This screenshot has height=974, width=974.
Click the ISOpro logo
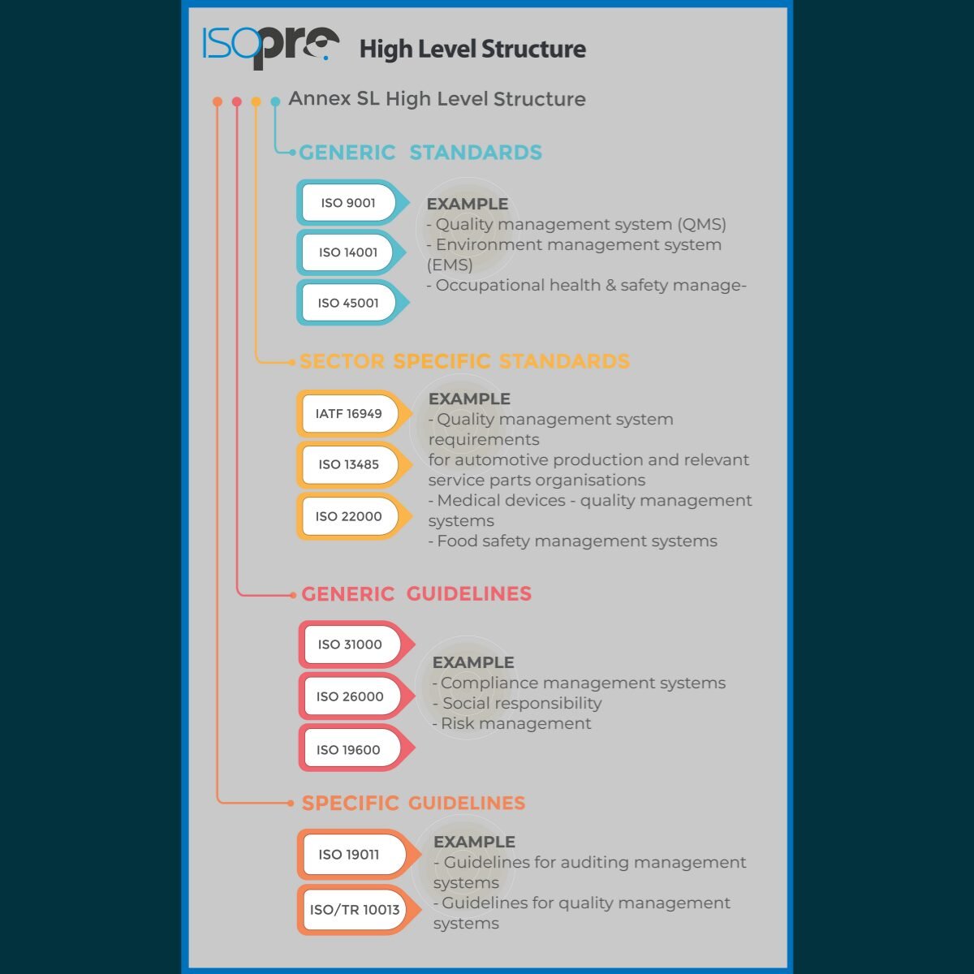pos(270,46)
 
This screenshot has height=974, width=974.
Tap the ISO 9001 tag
pos(349,203)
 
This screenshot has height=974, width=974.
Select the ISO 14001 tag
pos(349,252)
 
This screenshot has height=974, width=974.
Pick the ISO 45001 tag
pos(349,303)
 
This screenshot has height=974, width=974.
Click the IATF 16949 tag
pos(349,414)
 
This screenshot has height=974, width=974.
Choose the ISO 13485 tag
pos(349,464)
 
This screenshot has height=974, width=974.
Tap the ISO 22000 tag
pos(349,516)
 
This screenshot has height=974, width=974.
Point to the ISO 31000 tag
pos(351,644)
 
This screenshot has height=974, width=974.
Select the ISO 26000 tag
pos(351,696)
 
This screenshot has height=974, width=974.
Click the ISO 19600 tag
pos(349,750)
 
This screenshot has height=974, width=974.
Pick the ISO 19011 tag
pos(350,855)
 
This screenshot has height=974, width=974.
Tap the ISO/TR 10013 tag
pos(355,910)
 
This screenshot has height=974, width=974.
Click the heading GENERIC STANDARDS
pos(420,153)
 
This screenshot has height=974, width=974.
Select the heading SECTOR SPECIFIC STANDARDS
pos(464,362)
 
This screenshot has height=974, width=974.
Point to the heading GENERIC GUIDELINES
pos(416,594)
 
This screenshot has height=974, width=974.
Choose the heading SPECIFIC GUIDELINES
pos(414,804)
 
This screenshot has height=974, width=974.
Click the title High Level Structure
pos(472,50)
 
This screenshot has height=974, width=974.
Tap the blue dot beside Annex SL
pos(275,101)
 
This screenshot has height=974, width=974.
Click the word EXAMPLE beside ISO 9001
pos(468,205)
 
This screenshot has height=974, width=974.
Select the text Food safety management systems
pos(576,541)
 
